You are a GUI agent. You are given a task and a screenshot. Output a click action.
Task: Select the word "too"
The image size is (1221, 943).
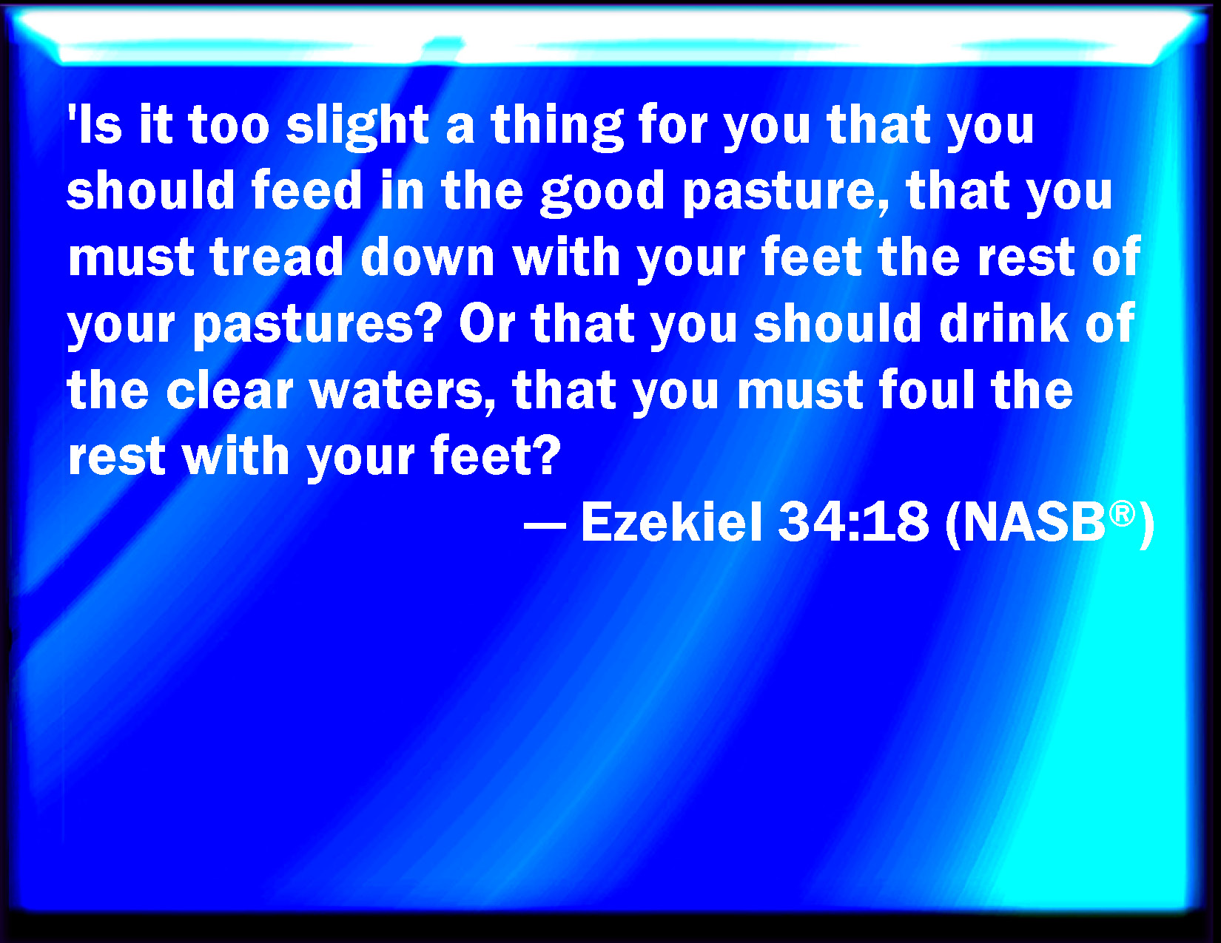coord(229,126)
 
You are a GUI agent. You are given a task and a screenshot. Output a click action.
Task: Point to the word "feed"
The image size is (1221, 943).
coord(307,190)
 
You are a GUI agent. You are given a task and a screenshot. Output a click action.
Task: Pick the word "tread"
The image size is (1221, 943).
coord(277,257)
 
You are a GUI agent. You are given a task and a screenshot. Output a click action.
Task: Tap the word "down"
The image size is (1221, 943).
coord(428,257)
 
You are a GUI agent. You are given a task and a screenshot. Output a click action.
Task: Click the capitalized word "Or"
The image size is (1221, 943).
coord(487,323)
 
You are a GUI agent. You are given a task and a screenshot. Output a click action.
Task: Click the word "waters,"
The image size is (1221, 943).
coord(403,391)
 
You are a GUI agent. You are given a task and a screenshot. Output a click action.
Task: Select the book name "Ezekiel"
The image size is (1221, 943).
coord(671,521)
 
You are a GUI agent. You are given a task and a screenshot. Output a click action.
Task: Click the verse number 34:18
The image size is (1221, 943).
coord(853,522)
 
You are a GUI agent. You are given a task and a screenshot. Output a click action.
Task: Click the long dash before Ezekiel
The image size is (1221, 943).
coord(545,526)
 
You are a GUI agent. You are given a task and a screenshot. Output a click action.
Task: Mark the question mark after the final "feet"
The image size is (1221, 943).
coord(545,455)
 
